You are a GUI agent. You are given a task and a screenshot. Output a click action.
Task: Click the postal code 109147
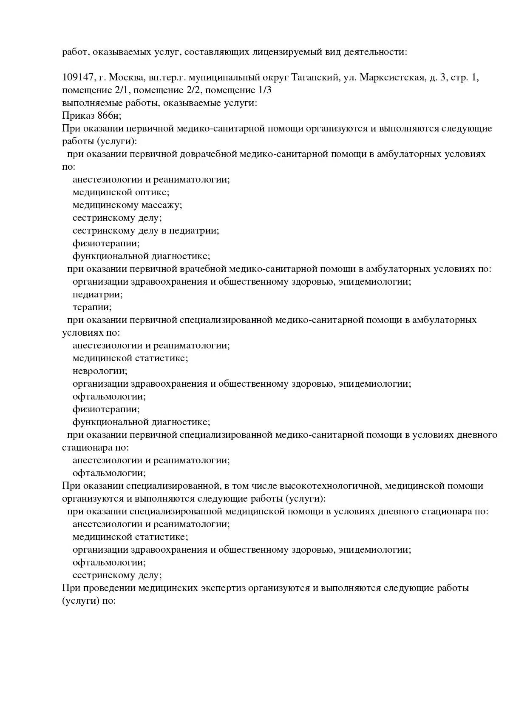pos(78,77)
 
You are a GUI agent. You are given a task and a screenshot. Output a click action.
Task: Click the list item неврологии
pos(99,371)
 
